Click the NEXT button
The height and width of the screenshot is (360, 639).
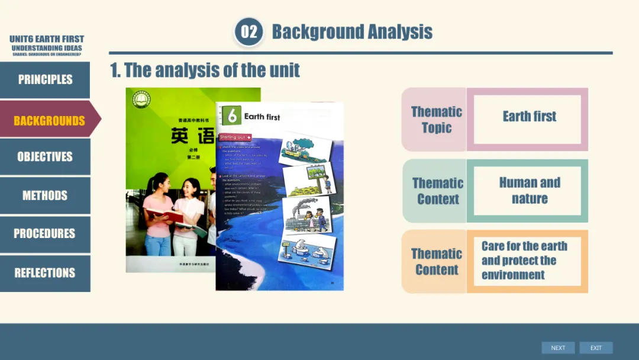558,348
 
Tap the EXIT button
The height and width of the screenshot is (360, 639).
596,348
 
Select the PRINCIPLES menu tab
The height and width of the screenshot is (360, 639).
45,79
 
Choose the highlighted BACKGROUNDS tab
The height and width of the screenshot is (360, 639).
49,121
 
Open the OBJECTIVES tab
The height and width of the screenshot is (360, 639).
45,157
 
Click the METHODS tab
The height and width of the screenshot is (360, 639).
45,195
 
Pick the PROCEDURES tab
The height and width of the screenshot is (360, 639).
45,233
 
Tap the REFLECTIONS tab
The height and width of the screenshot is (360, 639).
45,273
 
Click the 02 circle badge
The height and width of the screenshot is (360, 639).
249,31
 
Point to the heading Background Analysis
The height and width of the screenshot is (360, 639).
352,31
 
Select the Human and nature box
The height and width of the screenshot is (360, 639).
529,191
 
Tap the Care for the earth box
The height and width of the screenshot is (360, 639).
526,261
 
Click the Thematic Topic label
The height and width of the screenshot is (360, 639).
436,120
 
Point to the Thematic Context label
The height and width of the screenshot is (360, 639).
437,191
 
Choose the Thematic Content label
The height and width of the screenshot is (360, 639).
437,262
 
